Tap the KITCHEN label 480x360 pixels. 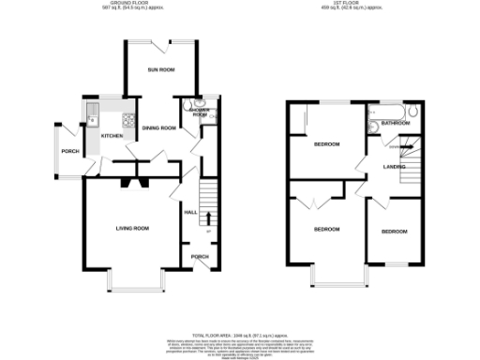click(112, 136)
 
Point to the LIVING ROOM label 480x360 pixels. click(133, 228)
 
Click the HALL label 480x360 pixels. click(189, 213)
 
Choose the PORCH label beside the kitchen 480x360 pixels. click(69, 151)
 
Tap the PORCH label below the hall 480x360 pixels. click(199, 256)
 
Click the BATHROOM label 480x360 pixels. click(396, 123)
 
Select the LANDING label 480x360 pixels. click(394, 167)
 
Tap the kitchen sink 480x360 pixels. click(94, 117)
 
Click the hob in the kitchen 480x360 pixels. click(129, 119)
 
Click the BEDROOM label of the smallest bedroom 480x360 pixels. click(394, 231)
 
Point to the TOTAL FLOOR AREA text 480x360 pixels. click(240, 335)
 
